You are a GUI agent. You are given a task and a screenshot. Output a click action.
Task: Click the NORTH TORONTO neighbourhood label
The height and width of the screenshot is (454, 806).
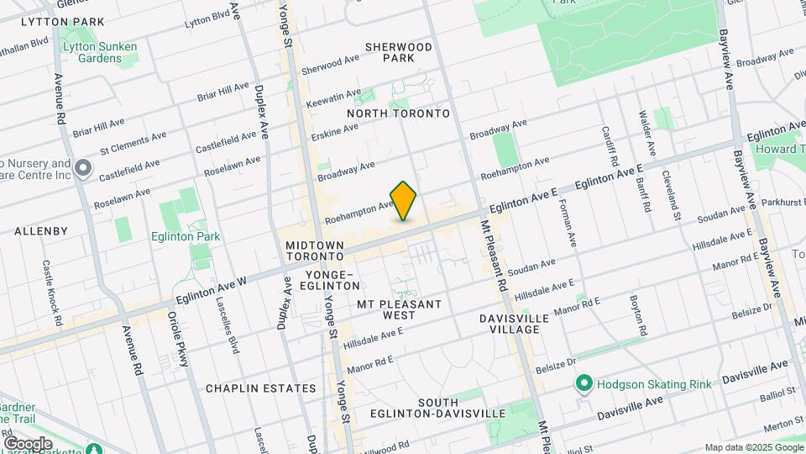point(398,113)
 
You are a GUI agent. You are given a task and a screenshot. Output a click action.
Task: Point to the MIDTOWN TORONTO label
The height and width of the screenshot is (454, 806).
point(315,251)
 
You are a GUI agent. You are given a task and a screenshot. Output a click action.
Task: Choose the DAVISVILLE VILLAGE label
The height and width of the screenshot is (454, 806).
point(514,324)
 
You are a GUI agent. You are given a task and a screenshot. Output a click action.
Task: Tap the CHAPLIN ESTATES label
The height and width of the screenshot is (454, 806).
point(261,388)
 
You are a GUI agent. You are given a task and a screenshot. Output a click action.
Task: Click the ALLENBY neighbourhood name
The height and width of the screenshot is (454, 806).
point(41,230)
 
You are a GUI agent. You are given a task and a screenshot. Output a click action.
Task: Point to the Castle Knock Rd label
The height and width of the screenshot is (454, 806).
point(52,293)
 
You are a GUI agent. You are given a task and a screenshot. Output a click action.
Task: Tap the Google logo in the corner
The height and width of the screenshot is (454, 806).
point(28,443)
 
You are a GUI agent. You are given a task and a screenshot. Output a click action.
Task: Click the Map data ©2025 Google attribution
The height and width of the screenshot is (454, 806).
point(753,447)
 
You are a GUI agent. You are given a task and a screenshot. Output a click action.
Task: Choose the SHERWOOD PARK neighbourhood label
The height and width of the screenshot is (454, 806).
point(399,52)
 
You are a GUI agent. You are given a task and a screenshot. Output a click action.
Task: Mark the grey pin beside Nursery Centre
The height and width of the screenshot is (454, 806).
point(82,169)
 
